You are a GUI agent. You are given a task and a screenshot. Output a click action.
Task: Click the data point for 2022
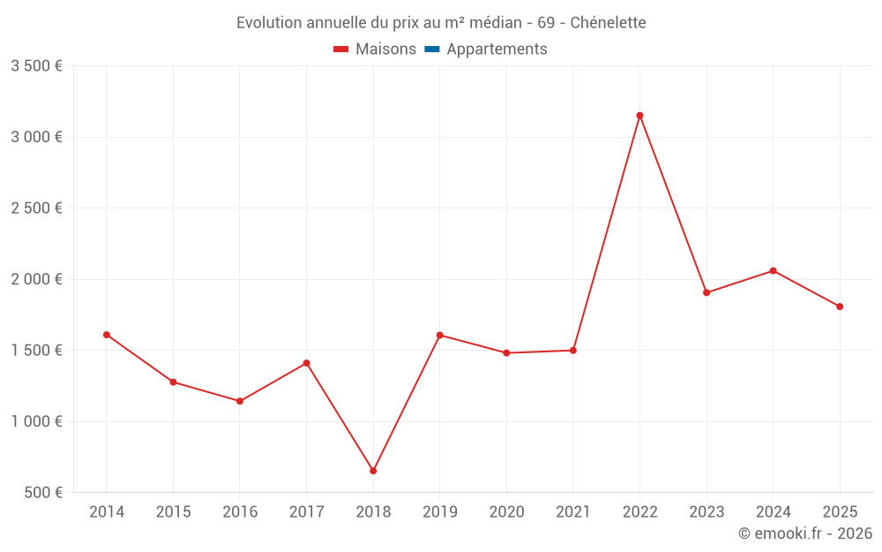639,116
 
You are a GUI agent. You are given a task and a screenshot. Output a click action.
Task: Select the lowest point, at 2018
373,471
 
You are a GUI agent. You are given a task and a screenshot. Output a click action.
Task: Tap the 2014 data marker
107,335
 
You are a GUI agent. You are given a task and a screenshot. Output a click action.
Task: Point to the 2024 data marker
773,270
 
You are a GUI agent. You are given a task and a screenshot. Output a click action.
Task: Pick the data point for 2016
240,401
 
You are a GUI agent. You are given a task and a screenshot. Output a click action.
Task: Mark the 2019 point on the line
439,335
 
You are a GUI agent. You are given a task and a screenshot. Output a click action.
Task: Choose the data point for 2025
840,306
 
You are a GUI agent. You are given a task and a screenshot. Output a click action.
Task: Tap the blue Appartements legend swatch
431,49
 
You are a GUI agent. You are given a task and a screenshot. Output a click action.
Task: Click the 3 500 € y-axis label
36,66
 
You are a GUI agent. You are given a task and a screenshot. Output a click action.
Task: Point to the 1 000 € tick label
36,421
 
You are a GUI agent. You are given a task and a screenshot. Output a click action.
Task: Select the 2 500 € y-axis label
36,208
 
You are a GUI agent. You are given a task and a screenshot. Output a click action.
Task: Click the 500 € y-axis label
42,493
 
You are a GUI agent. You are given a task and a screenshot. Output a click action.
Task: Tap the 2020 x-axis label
506,512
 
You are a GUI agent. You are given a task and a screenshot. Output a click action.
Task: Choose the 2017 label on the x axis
306,512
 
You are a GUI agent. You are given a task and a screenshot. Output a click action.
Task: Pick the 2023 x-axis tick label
706,512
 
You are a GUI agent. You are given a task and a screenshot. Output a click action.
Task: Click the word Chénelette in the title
608,23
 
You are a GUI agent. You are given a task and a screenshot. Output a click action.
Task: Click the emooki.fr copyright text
804,533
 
